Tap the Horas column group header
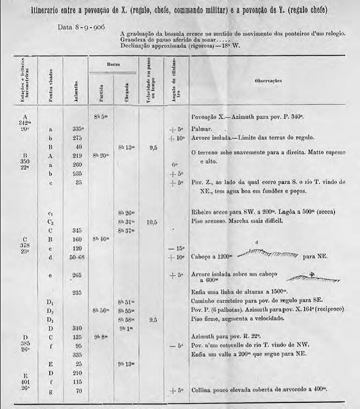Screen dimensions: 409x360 [x=112, y=64]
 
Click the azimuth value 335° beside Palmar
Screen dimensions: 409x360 [x=77, y=128]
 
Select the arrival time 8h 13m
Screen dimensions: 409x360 [x=125, y=148]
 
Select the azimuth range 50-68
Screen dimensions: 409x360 [x=77, y=257]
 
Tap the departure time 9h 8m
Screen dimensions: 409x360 [x=100, y=336]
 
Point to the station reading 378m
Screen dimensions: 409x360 [x=24, y=247]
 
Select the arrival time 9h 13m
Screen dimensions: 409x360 [x=125, y=364]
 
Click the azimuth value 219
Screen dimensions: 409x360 [x=77, y=156]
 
